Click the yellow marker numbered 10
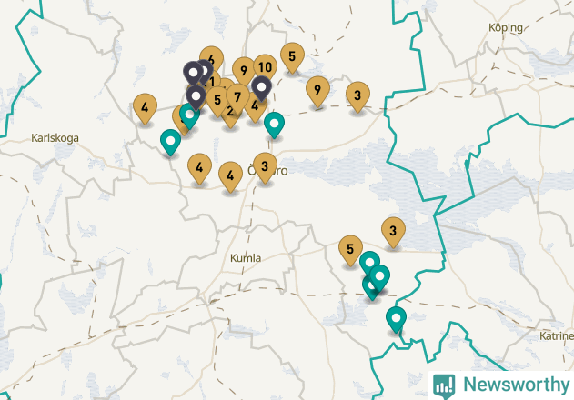coord(265,67)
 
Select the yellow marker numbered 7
coord(237,96)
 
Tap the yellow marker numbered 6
coord(211,60)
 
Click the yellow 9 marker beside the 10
coord(243,70)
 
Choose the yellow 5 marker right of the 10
coord(292,56)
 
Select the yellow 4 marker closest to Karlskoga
coord(145,107)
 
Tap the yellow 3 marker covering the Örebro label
coord(265,166)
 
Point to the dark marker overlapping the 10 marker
coord(262,88)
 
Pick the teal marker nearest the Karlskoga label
coord(170,142)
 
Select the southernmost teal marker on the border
coord(396,319)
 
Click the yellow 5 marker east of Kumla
coord(351,248)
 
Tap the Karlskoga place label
coord(55,138)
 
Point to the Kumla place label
coord(246,258)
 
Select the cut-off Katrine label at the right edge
coord(556,335)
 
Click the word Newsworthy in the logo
coord(513,385)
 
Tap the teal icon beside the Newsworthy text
coord(444,385)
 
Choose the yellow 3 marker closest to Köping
coord(357,95)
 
